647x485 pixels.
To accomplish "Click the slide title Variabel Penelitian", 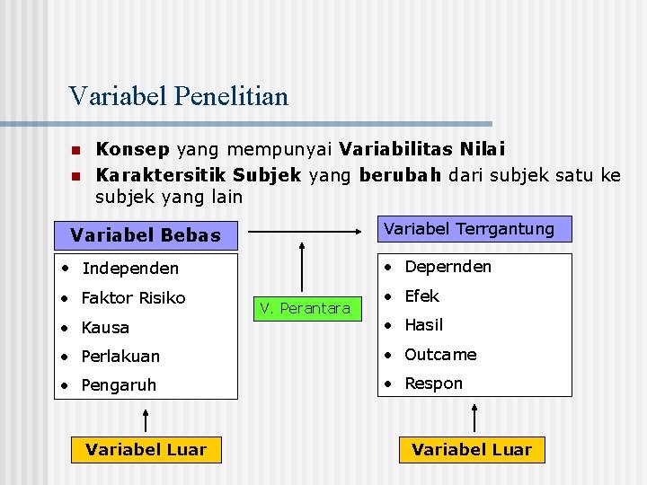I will coord(178,96).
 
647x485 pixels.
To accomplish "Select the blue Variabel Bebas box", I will coord(146,235).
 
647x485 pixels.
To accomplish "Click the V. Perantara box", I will coord(305,308).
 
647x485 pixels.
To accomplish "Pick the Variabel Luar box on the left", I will coord(146,449).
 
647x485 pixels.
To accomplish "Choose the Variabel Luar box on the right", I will coord(472,449).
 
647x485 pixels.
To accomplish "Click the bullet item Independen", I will coord(129,269).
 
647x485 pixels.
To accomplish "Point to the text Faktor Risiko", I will coord(133,297).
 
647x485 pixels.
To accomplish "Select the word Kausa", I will coord(105,328).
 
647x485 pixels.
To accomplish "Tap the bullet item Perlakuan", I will coord(120,357).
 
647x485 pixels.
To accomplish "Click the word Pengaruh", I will coord(119,385).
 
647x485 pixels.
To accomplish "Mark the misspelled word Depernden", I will coord(448,267).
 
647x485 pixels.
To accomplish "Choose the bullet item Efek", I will coord(421,296).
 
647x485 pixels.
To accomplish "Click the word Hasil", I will coord(423,325).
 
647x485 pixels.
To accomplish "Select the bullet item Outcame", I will coord(440,355).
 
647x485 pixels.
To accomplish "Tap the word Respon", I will coord(433,384).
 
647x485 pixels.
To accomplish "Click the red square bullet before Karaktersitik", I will coord(76,174).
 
